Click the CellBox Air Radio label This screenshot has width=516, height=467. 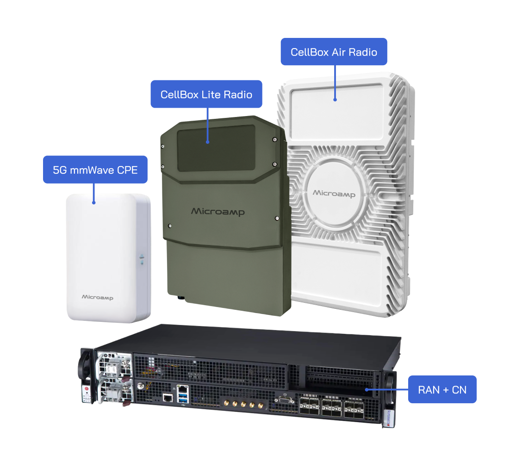[334, 52]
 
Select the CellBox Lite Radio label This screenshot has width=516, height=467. [206, 94]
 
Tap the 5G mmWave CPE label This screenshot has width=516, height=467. [95, 170]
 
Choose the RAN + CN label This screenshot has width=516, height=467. [442, 390]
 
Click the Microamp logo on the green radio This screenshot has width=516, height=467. [218, 212]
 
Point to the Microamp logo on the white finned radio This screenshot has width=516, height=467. [334, 193]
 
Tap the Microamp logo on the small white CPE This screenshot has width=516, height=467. [97, 297]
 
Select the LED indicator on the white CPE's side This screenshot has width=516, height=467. [142, 259]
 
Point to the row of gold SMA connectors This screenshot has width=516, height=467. [240, 405]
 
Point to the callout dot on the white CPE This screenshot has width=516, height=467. [94, 202]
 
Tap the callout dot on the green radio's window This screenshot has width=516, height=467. [208, 141]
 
